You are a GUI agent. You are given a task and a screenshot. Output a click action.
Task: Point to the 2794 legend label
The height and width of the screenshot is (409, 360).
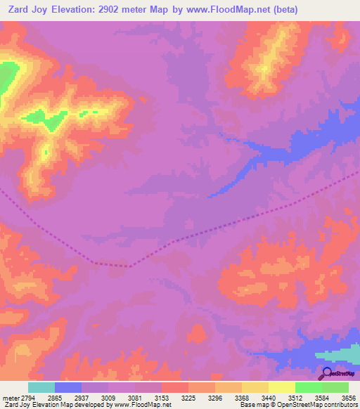(25, 398)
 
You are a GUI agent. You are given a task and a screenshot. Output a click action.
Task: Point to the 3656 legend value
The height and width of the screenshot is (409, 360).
(347, 398)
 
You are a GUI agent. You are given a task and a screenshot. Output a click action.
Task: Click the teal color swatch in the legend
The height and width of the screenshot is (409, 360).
(41, 387)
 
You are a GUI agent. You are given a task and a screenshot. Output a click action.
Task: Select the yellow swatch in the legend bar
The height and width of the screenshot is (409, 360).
(281, 387)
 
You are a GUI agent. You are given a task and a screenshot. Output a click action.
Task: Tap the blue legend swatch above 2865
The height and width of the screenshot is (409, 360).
(68, 387)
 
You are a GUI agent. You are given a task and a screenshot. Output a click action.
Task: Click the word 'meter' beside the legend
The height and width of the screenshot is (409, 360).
(8, 398)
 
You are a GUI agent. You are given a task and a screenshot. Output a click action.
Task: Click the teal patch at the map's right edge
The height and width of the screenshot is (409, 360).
(340, 358)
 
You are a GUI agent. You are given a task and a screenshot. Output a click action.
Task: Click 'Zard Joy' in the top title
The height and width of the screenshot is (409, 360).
(29, 10)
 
